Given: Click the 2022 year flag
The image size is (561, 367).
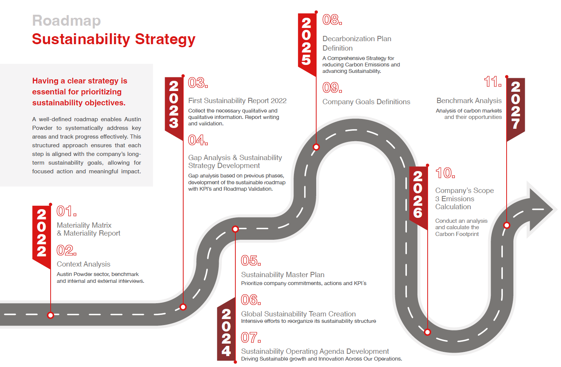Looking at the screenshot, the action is pyautogui.click(x=42, y=235).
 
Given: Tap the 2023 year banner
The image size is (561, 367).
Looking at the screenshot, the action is pyautogui.click(x=174, y=106).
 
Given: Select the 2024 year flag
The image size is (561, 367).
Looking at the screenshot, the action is pyautogui.click(x=226, y=330).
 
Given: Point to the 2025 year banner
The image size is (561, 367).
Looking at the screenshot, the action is pyautogui.click(x=307, y=43).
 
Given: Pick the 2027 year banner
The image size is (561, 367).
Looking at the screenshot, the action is pyautogui.click(x=516, y=108).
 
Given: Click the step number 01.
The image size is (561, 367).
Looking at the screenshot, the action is pyautogui.click(x=66, y=211).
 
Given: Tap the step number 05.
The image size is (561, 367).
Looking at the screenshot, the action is pyautogui.click(x=251, y=261).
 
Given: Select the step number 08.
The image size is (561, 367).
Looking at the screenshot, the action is pyautogui.click(x=332, y=20).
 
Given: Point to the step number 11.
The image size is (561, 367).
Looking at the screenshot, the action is pyautogui.click(x=493, y=82).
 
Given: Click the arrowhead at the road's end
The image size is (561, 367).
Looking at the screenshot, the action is pyautogui.click(x=541, y=209).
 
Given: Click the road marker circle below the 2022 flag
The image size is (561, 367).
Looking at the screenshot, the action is pyautogui.click(x=51, y=315).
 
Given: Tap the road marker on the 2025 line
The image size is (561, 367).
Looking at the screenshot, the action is pyautogui.click(x=316, y=147).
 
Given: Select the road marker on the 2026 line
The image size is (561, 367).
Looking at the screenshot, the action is pyautogui.click(x=428, y=332).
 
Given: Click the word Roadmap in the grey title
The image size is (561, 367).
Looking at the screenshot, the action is pyautogui.click(x=66, y=20).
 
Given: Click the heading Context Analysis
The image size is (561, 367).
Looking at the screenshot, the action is pyautogui.click(x=83, y=264).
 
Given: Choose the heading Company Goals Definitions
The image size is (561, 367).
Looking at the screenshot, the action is pyautogui.click(x=366, y=102).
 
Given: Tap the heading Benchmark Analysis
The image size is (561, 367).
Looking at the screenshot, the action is pyautogui.click(x=469, y=101).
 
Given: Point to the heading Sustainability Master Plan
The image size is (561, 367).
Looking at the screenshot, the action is pyautogui.click(x=283, y=274).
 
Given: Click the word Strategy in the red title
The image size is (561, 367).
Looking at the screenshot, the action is pyautogui.click(x=165, y=40).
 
